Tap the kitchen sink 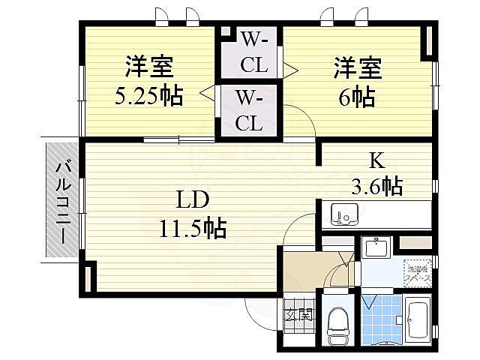pyautogui.click(x=346, y=214)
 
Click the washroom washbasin pyautogui.click(x=375, y=248)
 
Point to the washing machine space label pyautogui.click(x=417, y=273)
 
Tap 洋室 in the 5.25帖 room pyautogui.click(x=149, y=67)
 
